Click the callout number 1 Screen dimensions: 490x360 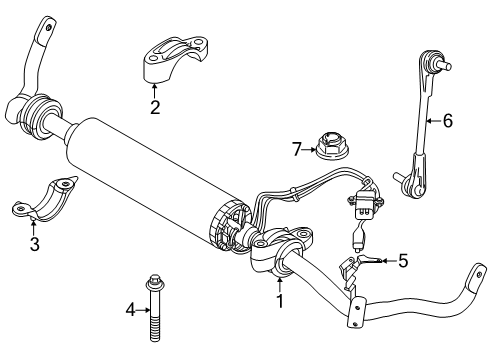pyautogui.click(x=280, y=301)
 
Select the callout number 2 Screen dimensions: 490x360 pyautogui.click(x=155, y=107)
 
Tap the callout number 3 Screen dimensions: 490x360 pyautogui.click(x=35, y=244)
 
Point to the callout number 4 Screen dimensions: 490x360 pyautogui.click(x=131, y=310)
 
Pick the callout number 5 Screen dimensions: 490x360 pyautogui.click(x=403, y=261)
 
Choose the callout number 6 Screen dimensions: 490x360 pyautogui.click(x=448, y=120)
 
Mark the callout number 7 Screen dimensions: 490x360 pyautogui.click(x=297, y=149)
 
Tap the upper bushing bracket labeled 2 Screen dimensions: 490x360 pyautogui.click(x=174, y=59)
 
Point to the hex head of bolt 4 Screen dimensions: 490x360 pyautogui.click(x=154, y=281)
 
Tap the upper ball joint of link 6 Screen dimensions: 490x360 pyautogui.click(x=433, y=61)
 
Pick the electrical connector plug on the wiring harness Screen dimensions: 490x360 pyautogui.click(x=364, y=204)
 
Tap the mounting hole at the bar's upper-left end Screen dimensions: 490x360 pyautogui.click(x=49, y=28)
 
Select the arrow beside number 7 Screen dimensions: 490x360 pyautogui.click(x=309, y=150)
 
